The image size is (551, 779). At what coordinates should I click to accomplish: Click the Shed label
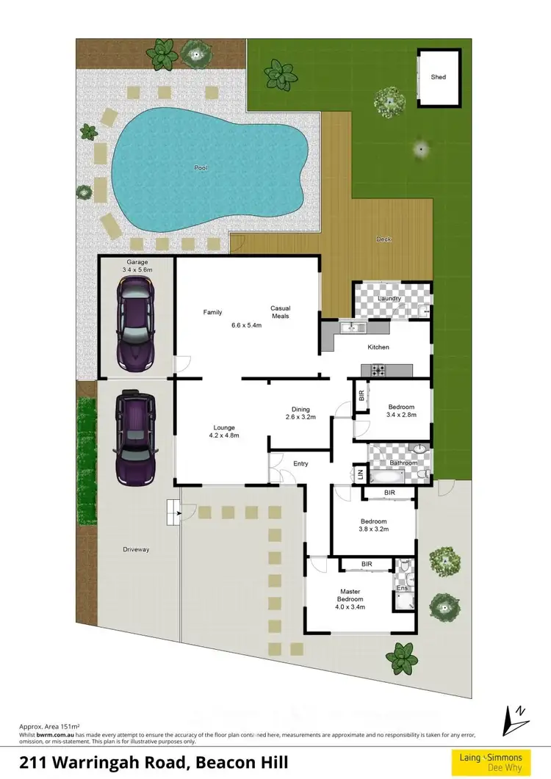pos(439,76)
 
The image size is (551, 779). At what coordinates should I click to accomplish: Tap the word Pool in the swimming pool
pos(201,168)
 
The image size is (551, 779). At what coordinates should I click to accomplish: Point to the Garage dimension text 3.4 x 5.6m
pos(137,270)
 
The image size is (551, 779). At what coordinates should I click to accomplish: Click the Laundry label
pos(389,298)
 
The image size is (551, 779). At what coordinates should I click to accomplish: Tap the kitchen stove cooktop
pos(378,369)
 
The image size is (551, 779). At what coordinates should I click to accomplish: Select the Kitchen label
pos(378,347)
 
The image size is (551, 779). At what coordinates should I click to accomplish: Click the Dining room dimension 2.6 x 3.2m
pos(300,417)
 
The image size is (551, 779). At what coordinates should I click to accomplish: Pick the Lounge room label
pos(223,427)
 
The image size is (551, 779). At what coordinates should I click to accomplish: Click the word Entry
pos(300,463)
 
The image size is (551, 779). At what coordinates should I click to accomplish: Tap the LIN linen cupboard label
pos(360,475)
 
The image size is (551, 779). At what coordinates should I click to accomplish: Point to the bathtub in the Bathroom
pos(383,477)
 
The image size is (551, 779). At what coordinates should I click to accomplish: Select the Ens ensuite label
pos(402,588)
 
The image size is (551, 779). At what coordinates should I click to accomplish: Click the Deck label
pos(383,239)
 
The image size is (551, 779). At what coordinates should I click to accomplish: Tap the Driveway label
pos(136,549)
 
